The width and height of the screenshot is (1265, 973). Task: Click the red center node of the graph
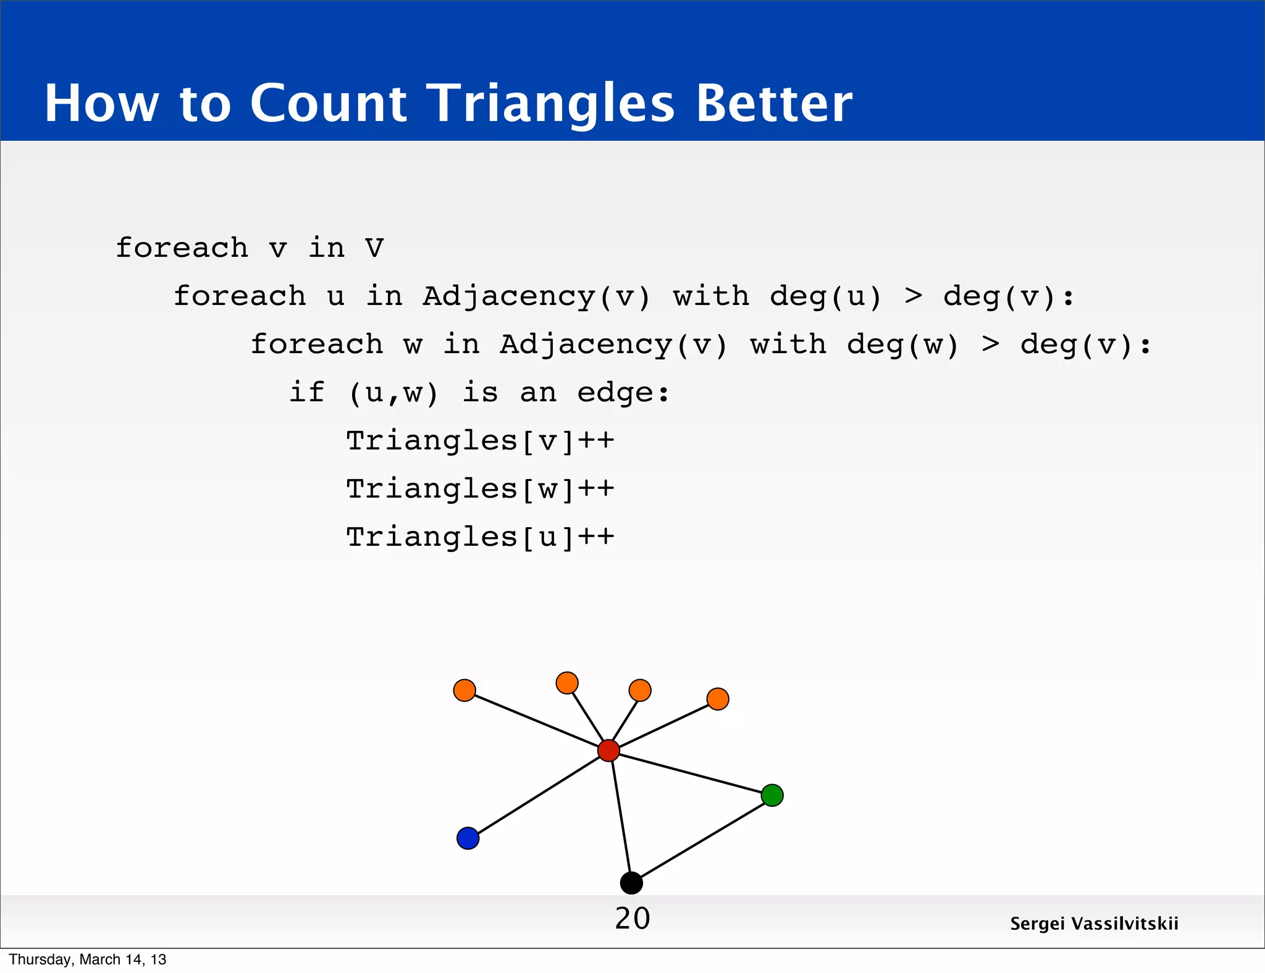click(x=608, y=750)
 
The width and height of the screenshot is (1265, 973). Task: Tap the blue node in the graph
click(x=468, y=838)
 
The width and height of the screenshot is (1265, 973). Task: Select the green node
click(x=772, y=795)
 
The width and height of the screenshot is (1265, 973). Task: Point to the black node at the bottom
click(x=631, y=883)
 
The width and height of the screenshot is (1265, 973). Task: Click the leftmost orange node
click(x=464, y=690)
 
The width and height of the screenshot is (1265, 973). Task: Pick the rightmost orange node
click(x=718, y=699)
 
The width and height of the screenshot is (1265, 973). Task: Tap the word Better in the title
click(x=774, y=104)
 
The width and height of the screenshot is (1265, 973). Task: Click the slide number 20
click(x=632, y=919)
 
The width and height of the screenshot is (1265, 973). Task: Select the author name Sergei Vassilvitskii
click(x=1094, y=924)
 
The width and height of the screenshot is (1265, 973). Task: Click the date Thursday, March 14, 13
click(x=88, y=959)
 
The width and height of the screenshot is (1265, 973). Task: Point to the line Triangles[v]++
click(x=480, y=441)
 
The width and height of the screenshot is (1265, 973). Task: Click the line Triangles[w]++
click(x=480, y=489)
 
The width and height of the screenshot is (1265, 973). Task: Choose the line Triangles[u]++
click(x=480, y=537)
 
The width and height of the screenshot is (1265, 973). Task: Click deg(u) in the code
click(x=826, y=296)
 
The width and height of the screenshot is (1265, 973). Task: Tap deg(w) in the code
click(x=902, y=345)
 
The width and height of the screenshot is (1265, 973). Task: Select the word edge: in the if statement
click(x=623, y=393)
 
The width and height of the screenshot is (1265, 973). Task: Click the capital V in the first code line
click(x=374, y=248)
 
